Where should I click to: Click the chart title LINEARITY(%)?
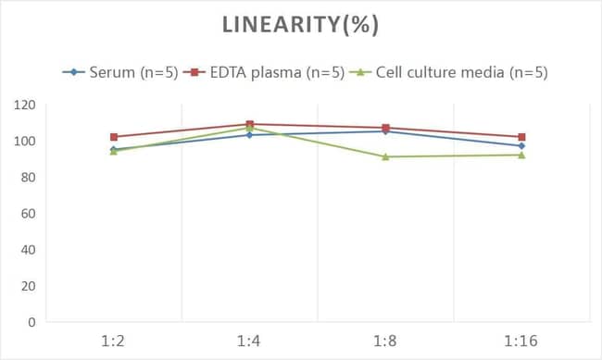(301, 25)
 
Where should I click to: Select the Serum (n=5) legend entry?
(120, 72)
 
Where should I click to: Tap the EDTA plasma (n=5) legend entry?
(264, 72)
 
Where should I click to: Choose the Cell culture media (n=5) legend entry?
(448, 72)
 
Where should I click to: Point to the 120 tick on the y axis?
(25, 105)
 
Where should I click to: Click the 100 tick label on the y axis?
(25, 141)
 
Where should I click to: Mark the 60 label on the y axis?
(28, 214)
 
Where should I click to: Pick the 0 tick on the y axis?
(31, 322)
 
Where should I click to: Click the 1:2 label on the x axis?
(113, 341)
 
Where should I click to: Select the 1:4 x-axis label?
(249, 341)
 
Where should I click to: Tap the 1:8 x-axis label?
(385, 341)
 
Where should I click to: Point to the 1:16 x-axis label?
(521, 341)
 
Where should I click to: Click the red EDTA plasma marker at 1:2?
(114, 137)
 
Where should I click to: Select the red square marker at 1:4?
(249, 124)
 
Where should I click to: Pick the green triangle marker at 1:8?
(385, 156)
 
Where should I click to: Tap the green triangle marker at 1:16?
(521, 155)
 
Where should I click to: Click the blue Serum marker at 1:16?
(521, 146)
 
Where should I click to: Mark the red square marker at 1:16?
(521, 137)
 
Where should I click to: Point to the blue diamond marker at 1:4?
(249, 135)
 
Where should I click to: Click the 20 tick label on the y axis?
(28, 286)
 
